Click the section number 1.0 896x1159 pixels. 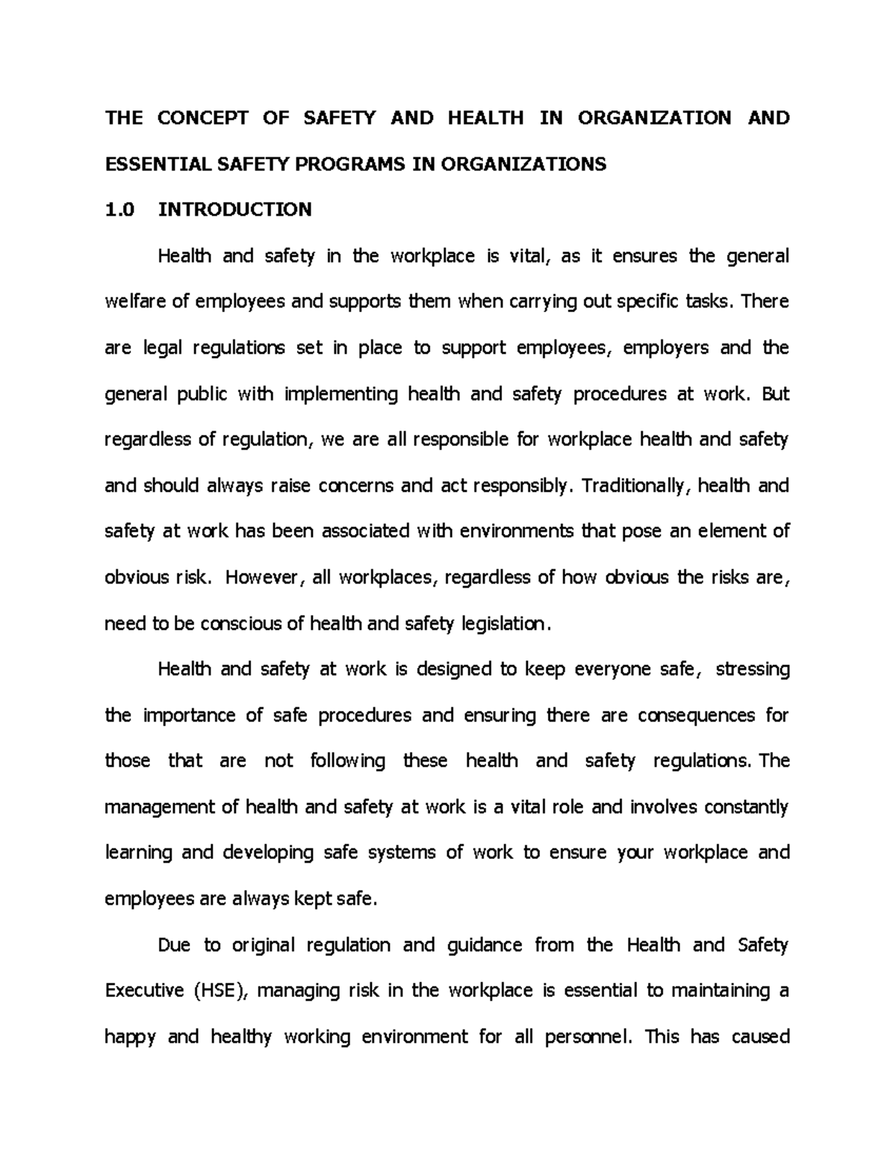119,209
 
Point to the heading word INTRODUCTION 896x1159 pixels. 234,209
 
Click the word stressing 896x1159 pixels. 752,669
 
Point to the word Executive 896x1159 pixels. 144,990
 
